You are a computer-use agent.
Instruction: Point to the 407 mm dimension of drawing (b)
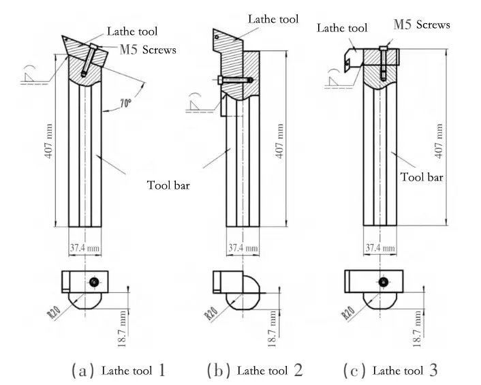pos(279,143)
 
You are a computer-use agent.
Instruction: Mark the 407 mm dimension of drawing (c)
pos(440,140)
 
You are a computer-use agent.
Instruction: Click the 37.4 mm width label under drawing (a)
pos(85,247)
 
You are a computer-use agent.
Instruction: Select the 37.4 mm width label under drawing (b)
pos(243,247)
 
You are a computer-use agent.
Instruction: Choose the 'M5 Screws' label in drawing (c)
pos(422,25)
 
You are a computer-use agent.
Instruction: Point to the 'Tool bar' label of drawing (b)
pos(167,185)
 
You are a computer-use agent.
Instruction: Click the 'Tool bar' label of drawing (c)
pos(422,176)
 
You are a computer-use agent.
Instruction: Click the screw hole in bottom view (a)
pos(93,281)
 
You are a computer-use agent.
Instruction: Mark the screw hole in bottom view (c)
pos(384,281)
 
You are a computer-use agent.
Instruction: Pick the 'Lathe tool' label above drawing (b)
pos(273,20)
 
